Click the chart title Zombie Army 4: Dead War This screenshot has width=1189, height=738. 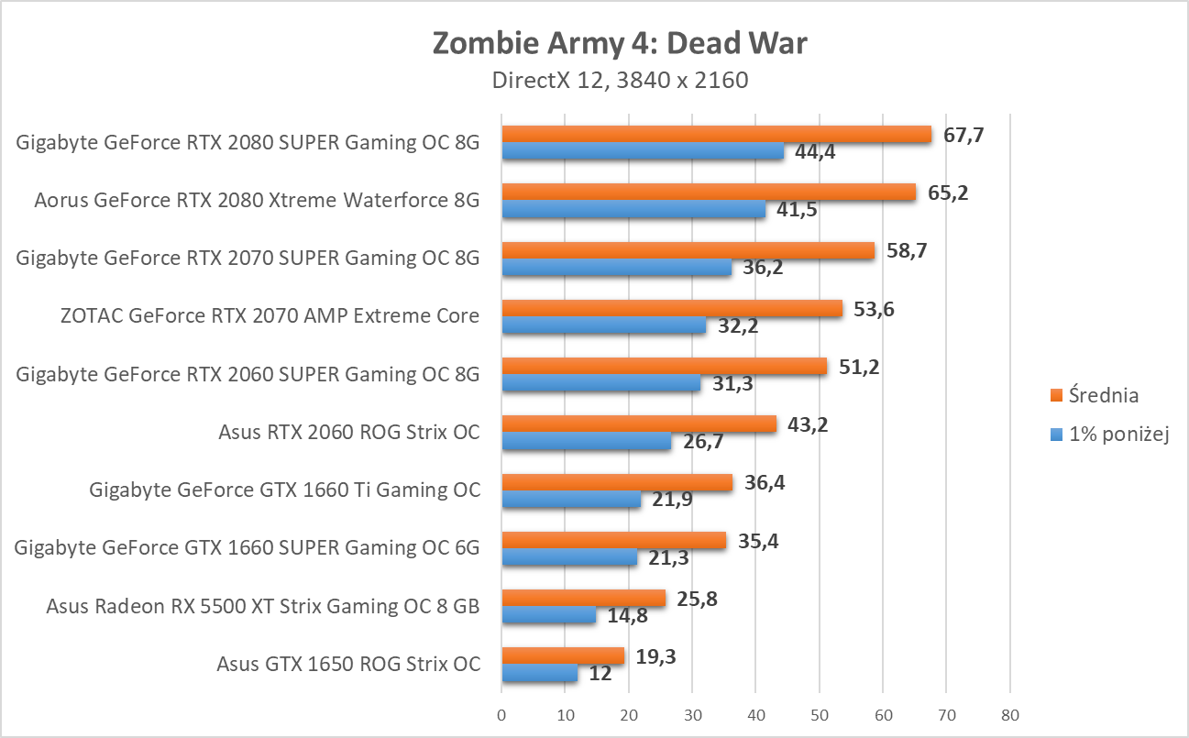(620, 43)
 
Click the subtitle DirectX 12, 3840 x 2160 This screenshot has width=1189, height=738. (620, 80)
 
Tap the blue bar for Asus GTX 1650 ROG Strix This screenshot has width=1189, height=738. (539, 674)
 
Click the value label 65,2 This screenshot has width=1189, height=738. (948, 193)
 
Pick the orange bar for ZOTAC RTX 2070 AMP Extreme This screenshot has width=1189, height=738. (671, 309)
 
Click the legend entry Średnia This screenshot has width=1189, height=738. (1105, 396)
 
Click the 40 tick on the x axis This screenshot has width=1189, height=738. (755, 714)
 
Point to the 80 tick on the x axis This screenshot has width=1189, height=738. (1009, 714)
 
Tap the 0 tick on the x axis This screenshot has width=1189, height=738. (501, 714)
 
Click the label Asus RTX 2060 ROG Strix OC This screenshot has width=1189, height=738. (349, 432)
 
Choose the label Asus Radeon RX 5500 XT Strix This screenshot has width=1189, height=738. (263, 606)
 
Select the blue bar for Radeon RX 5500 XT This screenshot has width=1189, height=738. (548, 616)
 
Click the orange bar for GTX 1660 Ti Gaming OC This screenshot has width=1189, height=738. (616, 482)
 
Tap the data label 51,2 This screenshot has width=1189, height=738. (859, 367)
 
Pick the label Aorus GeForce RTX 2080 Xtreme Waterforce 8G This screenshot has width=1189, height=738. (257, 201)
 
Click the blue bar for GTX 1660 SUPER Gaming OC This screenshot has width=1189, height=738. (568, 557)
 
